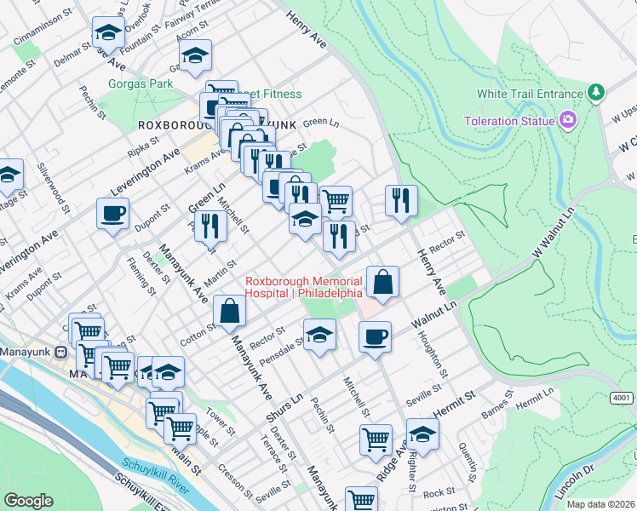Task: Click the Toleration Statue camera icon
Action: [567, 120]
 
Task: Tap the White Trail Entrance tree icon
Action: [597, 91]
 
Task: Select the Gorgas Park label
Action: [141, 83]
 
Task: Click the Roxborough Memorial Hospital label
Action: [303, 287]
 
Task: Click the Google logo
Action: [29, 501]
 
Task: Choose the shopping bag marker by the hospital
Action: [383, 281]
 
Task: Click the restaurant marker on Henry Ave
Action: [401, 201]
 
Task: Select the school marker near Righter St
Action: [422, 434]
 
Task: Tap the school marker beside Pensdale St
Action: [319, 335]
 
